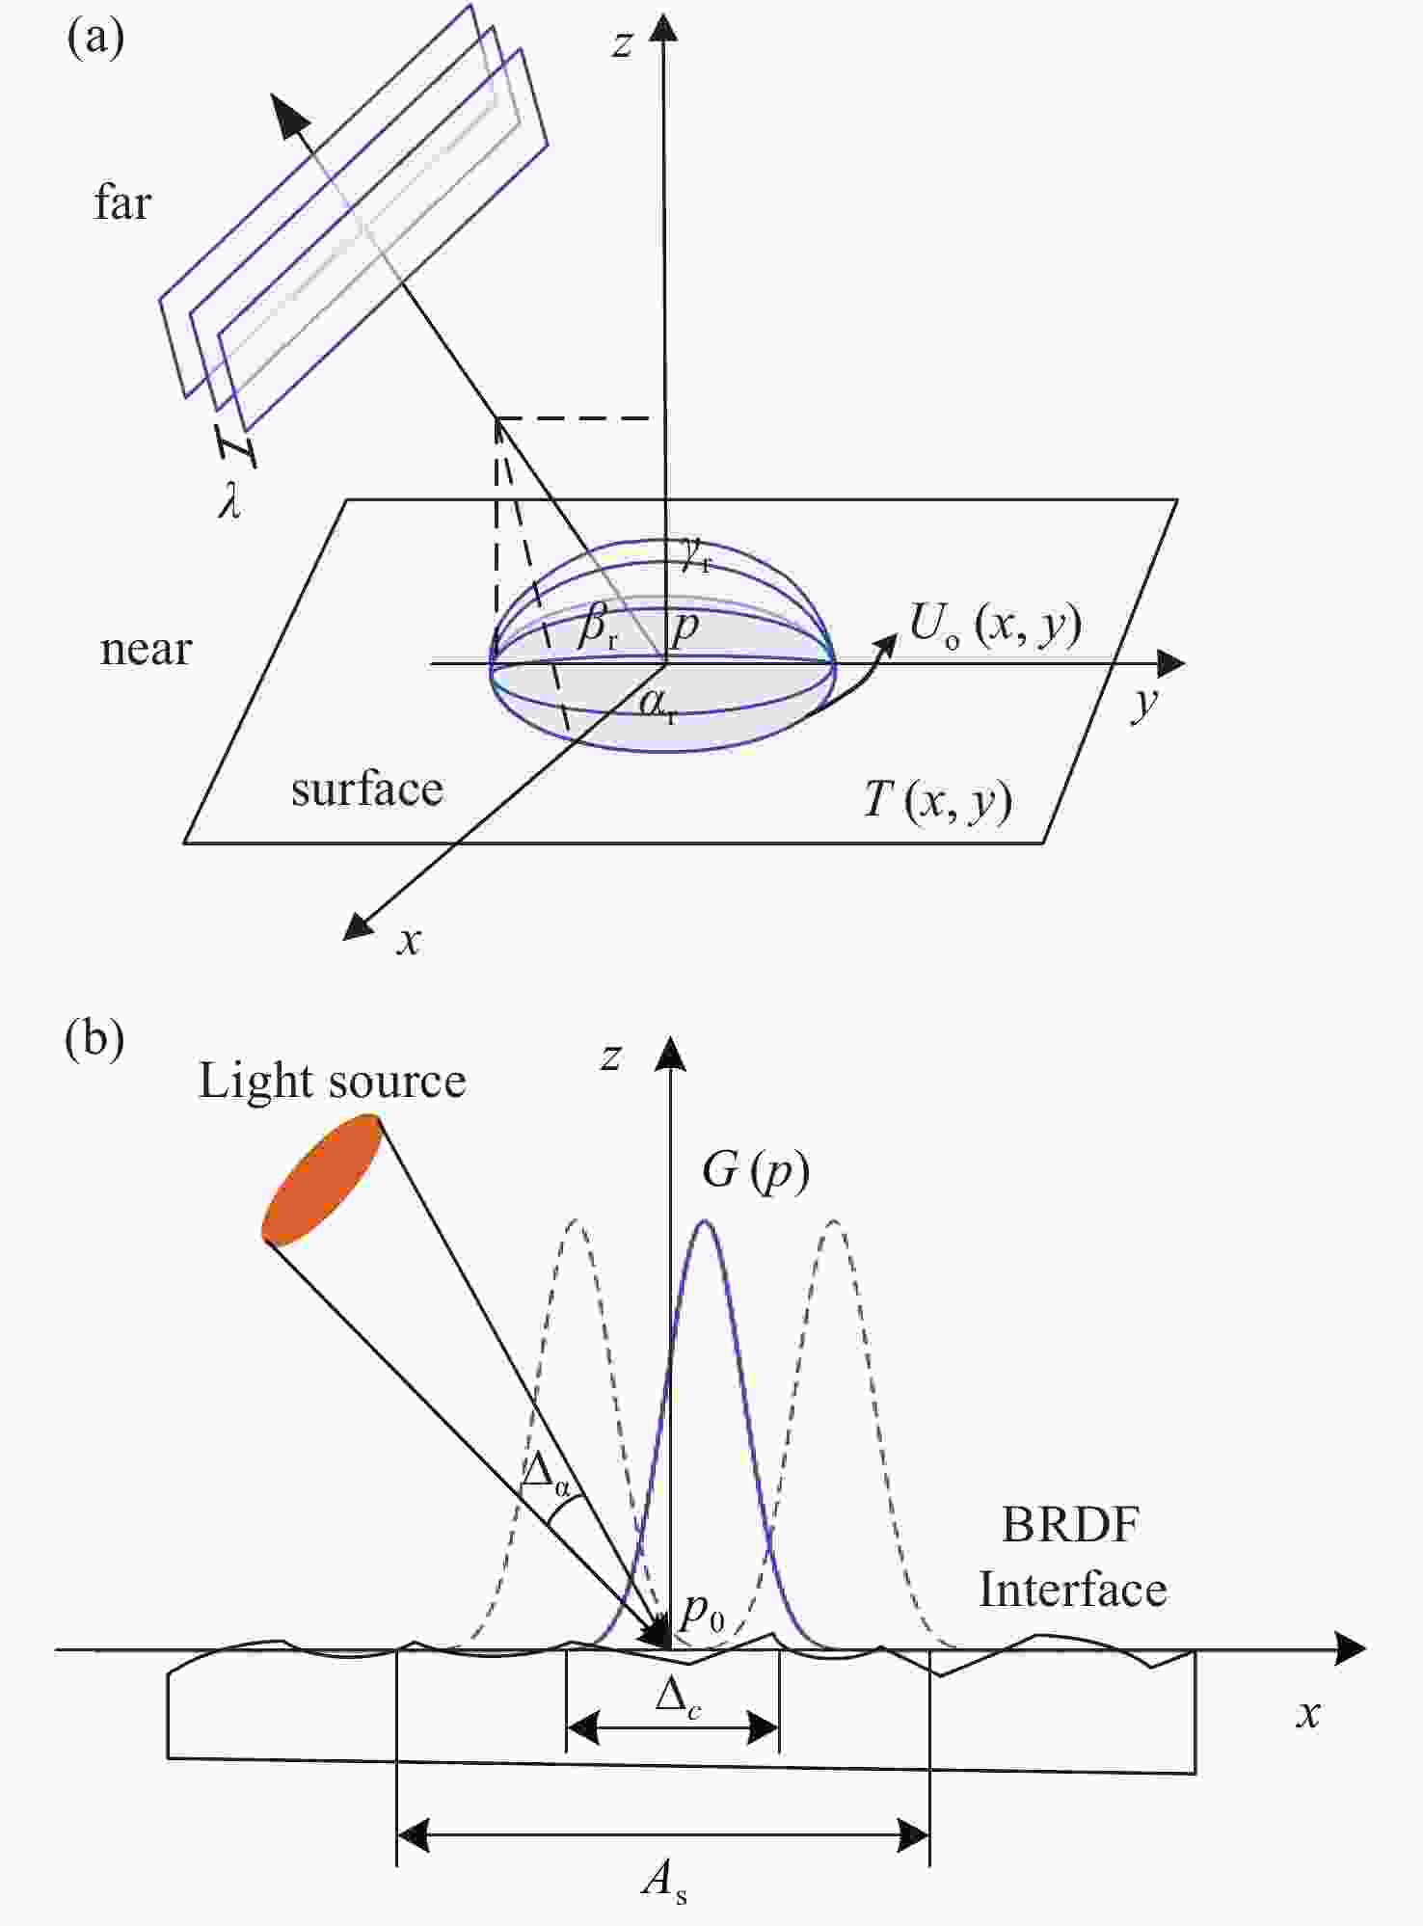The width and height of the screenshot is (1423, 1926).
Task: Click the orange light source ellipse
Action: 323,1179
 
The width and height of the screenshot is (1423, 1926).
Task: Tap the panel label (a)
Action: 94,39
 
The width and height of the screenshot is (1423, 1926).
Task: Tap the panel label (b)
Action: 94,1040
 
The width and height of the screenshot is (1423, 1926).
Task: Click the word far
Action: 122,203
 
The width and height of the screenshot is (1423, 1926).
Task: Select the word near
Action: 146,649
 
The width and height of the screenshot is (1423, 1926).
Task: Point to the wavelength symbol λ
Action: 229,501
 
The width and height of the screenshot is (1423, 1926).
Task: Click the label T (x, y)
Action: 937,800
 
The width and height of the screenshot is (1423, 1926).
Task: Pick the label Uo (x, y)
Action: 995,627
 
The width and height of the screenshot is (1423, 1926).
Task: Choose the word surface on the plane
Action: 366,789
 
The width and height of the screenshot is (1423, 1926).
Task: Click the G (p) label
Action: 755,1171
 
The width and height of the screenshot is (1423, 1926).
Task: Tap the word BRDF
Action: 1070,1525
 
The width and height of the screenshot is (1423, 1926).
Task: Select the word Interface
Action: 1073,1590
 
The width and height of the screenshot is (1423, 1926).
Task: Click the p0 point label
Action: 702,1612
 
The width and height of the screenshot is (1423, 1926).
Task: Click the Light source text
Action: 332,1081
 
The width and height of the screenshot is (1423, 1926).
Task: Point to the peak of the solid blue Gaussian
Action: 705,1222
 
